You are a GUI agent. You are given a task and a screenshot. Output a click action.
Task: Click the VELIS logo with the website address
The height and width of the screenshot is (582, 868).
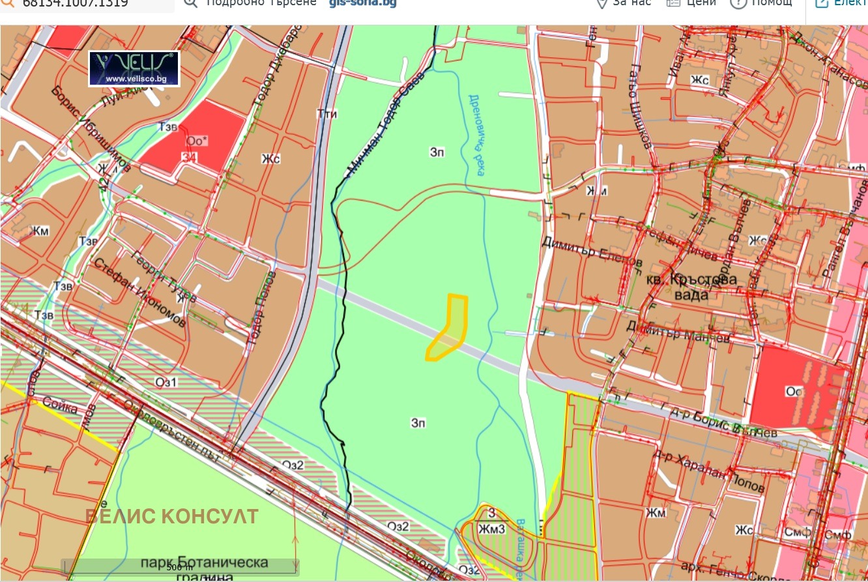tap(134, 68)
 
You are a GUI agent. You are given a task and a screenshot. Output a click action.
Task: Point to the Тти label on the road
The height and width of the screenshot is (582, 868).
tap(326, 114)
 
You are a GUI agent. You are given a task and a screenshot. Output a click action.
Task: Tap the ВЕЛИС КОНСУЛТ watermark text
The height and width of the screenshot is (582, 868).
tap(172, 517)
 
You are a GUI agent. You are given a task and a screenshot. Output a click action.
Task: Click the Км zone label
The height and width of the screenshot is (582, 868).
tap(41, 231)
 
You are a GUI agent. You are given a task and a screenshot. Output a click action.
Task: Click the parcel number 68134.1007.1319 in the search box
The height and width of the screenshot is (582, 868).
tap(74, 4)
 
